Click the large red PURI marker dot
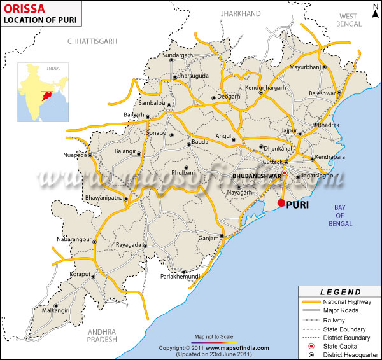click(281, 203)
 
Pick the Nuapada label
click(76, 155)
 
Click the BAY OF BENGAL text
click(344, 216)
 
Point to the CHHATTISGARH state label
click(93, 41)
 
